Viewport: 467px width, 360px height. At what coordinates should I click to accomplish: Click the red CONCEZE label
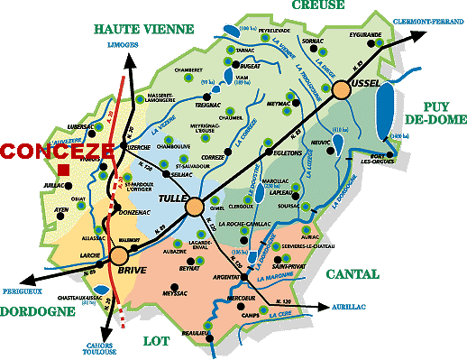pyautogui.click(x=57, y=151)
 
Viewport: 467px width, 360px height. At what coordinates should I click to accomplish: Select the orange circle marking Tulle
pyautogui.click(x=194, y=208)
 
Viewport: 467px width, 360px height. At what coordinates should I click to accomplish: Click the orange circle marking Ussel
pyautogui.click(x=343, y=89)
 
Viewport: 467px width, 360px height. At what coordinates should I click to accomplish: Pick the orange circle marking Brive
pyautogui.click(x=120, y=256)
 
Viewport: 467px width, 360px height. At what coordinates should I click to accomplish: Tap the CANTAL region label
pyautogui.click(x=353, y=273)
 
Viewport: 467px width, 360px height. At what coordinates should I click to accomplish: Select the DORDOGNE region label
pyautogui.click(x=37, y=312)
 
